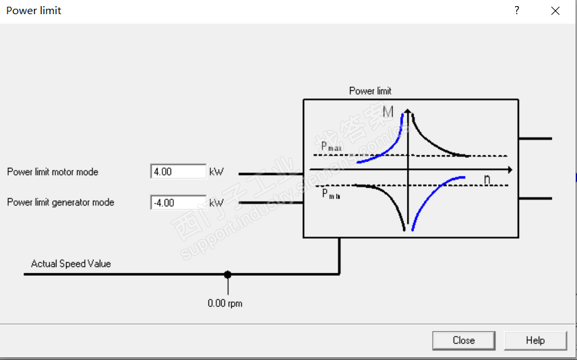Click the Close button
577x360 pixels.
tap(463, 340)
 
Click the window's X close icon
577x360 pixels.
tap(555, 11)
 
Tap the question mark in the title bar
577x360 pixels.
tap(517, 10)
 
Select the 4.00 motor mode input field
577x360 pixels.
tap(178, 171)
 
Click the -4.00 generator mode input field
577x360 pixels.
tap(178, 202)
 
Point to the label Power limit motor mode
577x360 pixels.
tap(53, 172)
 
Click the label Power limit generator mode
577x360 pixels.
tap(61, 202)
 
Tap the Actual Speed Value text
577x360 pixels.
tap(71, 264)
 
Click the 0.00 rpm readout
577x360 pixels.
tap(224, 303)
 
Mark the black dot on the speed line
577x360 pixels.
tap(228, 274)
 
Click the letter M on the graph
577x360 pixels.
tap(388, 113)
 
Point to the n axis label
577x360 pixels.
tap(486, 179)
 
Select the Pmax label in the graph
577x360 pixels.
tap(331, 146)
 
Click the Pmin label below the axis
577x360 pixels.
tap(330, 194)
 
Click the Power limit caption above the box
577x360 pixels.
tap(370, 91)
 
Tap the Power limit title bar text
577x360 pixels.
tap(34, 11)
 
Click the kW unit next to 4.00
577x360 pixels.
tap(216, 172)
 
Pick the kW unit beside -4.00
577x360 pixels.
tap(216, 202)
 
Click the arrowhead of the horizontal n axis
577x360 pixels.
tap(510, 169)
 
